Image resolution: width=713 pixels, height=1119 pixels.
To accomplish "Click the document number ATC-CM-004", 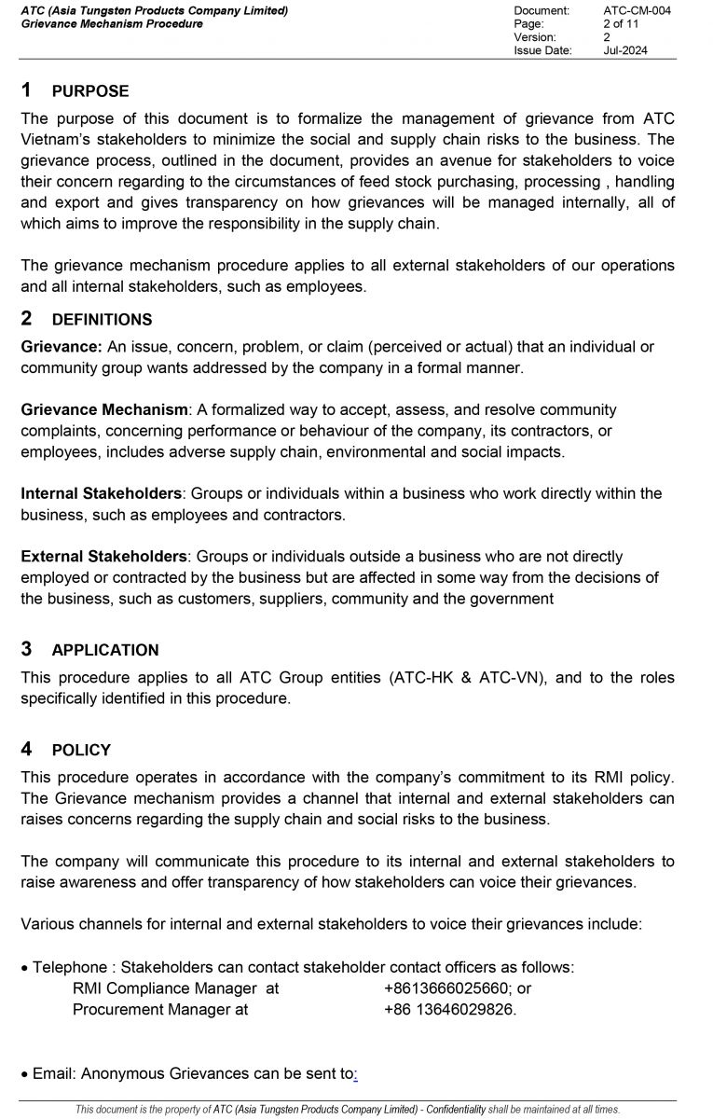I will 637,10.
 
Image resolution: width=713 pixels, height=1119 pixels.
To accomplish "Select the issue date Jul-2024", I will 624,50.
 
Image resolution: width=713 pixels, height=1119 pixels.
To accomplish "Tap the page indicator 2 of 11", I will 621,23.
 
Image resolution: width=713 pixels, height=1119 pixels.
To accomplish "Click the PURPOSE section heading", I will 90,91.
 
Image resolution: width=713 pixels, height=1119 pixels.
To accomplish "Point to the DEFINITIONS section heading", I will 102,320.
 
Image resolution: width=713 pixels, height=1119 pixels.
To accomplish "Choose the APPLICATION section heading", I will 105,650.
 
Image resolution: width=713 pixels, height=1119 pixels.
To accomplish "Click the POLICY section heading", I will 81,750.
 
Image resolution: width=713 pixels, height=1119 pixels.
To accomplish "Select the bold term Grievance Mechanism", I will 104,409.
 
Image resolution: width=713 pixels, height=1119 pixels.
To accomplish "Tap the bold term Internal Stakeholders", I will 102,493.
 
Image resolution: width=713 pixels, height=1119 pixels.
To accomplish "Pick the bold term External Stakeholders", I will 104,556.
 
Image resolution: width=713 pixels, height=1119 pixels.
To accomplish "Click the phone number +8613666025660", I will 447,988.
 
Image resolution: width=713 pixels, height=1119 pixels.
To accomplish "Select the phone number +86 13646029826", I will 449,1009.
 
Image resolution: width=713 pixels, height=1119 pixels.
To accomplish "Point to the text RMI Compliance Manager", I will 164,988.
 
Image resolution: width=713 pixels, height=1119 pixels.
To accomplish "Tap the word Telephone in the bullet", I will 70,967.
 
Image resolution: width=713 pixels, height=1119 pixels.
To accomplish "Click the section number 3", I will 27,649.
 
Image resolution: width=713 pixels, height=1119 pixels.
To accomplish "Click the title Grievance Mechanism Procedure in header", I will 112,23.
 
